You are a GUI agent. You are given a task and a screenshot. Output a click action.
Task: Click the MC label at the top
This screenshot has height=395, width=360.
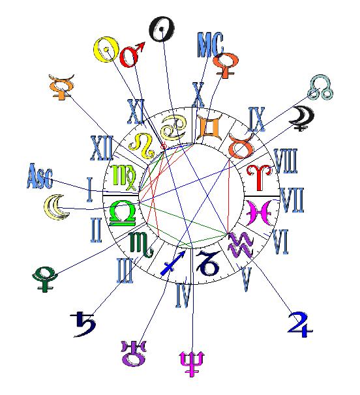(210, 44)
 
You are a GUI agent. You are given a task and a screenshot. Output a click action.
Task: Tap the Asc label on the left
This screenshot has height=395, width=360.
(40, 176)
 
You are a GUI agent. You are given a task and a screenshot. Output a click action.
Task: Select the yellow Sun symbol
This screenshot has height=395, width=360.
(106, 50)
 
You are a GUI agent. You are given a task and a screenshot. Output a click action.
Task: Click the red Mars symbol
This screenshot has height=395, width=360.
(132, 55)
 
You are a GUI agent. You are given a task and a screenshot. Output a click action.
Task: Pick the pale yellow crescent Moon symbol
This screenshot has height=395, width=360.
(56, 207)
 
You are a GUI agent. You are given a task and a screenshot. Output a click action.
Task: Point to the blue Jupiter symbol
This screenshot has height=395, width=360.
(300, 325)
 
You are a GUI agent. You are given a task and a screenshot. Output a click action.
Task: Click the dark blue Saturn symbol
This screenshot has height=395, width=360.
(83, 324)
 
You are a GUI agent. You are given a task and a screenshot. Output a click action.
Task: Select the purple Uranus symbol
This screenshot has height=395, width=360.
(134, 353)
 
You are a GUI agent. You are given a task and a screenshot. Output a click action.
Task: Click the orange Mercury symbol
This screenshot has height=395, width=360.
(61, 87)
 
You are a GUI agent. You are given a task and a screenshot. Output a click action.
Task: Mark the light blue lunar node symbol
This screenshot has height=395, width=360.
(320, 87)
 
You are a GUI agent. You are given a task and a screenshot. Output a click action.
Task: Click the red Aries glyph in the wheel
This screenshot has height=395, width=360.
(259, 177)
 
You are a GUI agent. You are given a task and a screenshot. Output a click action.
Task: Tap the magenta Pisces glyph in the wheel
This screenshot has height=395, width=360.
(260, 212)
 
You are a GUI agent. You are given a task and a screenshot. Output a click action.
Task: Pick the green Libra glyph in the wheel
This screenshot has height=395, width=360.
(123, 213)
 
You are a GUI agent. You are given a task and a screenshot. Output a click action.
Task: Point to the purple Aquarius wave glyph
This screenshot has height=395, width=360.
(241, 245)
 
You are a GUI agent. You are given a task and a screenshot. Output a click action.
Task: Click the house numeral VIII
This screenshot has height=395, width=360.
(286, 161)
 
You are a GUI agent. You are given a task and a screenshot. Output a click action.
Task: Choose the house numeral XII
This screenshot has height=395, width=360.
(102, 148)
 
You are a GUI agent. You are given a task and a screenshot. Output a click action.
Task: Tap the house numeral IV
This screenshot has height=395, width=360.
(183, 295)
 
